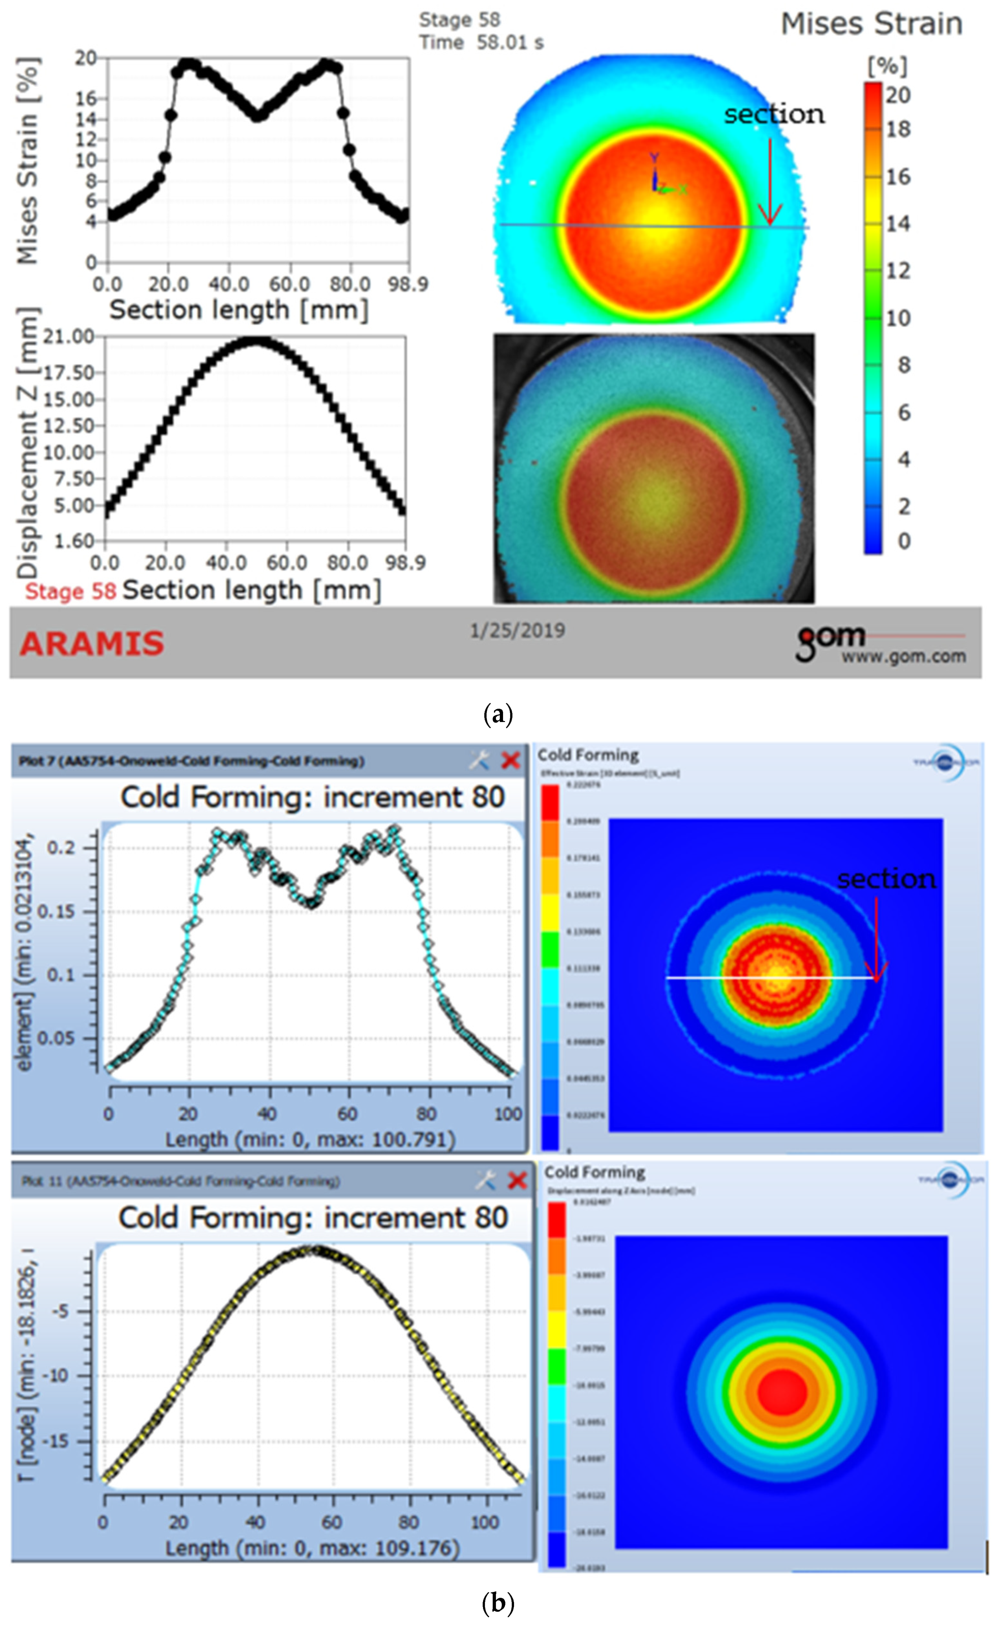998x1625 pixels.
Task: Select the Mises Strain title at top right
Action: pos(871,24)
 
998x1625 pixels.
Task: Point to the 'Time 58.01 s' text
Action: pos(481,43)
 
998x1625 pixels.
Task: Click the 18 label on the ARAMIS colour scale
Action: pos(898,129)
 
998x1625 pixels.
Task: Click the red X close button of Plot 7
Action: pos(510,761)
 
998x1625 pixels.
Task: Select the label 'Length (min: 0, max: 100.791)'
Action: pos(310,1139)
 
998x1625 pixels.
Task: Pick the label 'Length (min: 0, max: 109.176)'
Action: pos(311,1548)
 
